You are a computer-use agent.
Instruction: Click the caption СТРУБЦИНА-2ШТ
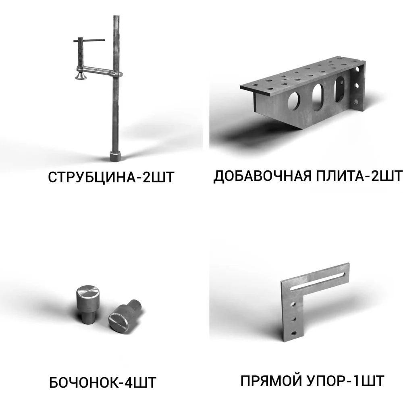pyautogui.click(x=111, y=177)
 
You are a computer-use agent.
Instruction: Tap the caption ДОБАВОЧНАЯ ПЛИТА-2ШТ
pyautogui.click(x=307, y=177)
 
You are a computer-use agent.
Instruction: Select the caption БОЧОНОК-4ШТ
pyautogui.click(x=102, y=382)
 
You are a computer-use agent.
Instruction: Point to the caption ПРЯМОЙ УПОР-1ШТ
pyautogui.click(x=312, y=381)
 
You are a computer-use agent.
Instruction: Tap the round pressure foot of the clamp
pyautogui.click(x=81, y=76)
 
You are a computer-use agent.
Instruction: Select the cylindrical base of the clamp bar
pyautogui.click(x=115, y=156)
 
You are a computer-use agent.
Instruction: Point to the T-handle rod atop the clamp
pyautogui.click(x=89, y=40)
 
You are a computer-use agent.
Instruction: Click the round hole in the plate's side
pyautogui.click(x=294, y=101)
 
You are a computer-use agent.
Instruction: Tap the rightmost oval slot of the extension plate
pyautogui.click(x=340, y=89)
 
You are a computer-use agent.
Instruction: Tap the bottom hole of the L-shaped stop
pyautogui.click(x=293, y=334)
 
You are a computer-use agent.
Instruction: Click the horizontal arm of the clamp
pyautogui.click(x=99, y=71)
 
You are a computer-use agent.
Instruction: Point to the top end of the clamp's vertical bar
pyautogui.click(x=116, y=17)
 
